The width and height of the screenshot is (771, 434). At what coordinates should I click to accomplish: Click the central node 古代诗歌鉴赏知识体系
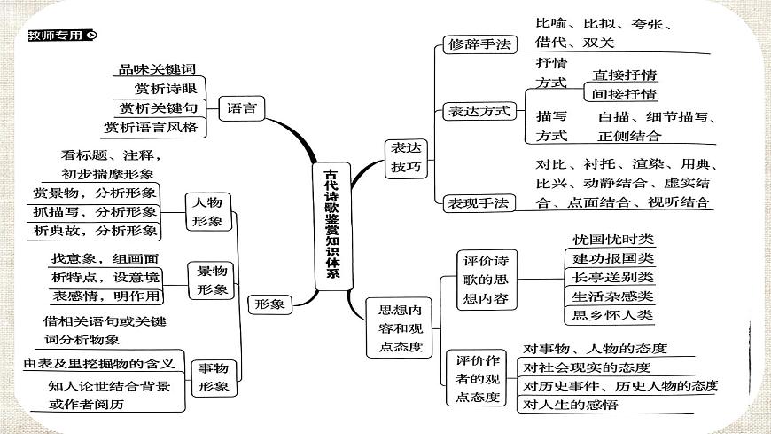click(331, 223)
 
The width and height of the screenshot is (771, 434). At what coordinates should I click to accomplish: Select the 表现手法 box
click(478, 202)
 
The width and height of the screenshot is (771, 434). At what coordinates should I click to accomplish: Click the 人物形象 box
click(207, 212)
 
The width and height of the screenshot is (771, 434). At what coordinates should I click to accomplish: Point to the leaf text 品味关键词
click(156, 68)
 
